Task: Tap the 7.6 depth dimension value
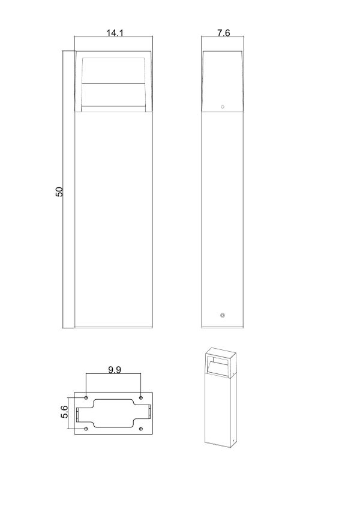click(223, 34)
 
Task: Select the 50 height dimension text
click(59, 191)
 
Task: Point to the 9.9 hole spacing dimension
click(113, 370)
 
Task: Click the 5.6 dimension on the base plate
click(65, 414)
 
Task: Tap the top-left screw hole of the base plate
click(86, 398)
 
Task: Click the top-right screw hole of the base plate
click(140, 398)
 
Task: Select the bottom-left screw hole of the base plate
click(86, 428)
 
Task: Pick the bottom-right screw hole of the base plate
click(140, 428)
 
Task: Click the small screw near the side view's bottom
click(223, 315)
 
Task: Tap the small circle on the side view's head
click(223, 107)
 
